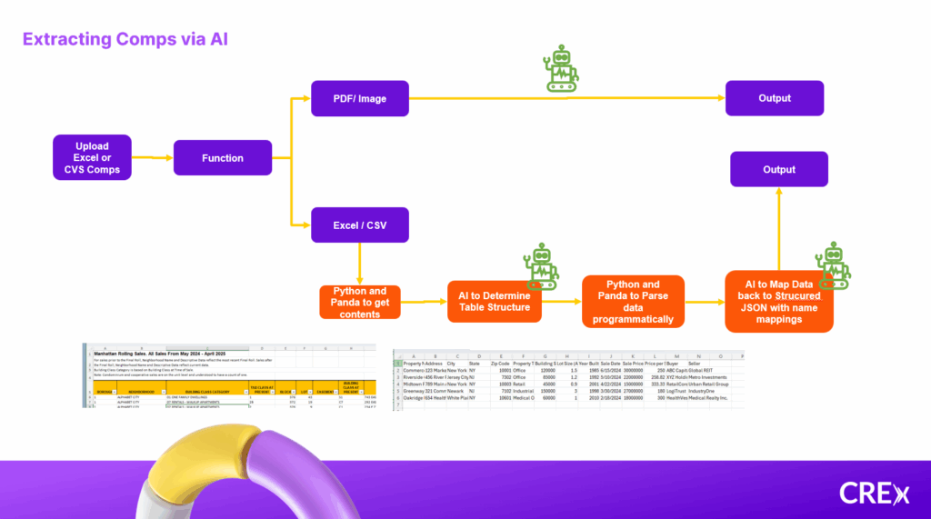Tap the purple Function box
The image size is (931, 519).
tap(223, 158)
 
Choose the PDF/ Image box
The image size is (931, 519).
tap(359, 98)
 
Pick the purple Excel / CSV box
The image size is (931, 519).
tap(359, 224)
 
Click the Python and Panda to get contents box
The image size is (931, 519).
tap(361, 301)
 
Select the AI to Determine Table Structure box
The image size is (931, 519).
tap(495, 300)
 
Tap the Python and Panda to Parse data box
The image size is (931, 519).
tap(633, 300)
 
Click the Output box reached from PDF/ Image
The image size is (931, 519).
tap(775, 98)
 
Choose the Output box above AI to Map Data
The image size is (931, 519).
tap(779, 169)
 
